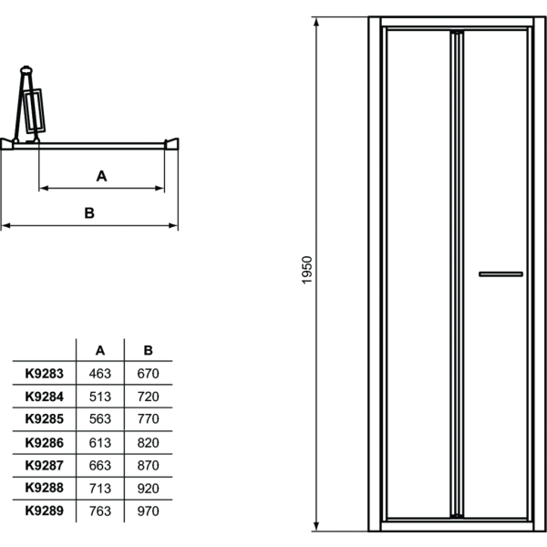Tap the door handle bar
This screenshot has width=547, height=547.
click(x=501, y=273)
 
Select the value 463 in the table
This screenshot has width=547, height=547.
click(x=100, y=374)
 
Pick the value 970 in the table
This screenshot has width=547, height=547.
click(x=149, y=511)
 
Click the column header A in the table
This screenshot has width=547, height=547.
click(x=100, y=349)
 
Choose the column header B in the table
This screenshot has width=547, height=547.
click(x=149, y=349)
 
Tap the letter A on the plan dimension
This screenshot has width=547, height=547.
click(x=102, y=176)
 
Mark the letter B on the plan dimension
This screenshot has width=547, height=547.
click(x=89, y=212)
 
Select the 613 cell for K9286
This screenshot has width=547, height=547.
click(x=100, y=442)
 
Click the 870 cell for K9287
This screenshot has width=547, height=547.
click(x=149, y=465)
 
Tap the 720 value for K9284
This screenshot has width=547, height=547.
click(x=149, y=397)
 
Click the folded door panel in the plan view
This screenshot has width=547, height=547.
click(x=34, y=108)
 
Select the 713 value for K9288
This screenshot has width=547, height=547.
click(x=100, y=489)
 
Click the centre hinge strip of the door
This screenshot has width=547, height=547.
click(x=456, y=273)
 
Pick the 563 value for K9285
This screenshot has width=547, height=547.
click(x=100, y=419)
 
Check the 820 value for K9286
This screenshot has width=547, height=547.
click(x=149, y=442)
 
